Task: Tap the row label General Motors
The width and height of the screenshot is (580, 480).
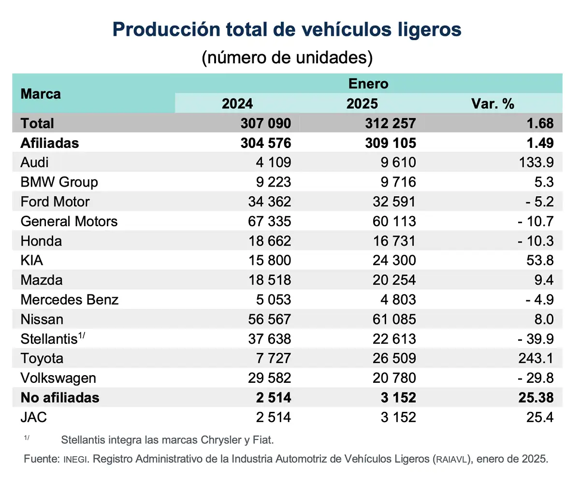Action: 69,221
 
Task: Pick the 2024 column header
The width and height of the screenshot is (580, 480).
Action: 237,104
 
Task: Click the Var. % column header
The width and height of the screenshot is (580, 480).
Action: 492,104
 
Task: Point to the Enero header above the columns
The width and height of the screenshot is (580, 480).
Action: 368,84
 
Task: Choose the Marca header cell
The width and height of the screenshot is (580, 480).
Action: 41,94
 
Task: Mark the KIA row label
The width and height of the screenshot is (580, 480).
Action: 32,261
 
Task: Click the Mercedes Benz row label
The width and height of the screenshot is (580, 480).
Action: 70,300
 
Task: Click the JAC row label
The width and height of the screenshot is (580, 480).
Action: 34,417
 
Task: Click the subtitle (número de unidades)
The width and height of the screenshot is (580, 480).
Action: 287,57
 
